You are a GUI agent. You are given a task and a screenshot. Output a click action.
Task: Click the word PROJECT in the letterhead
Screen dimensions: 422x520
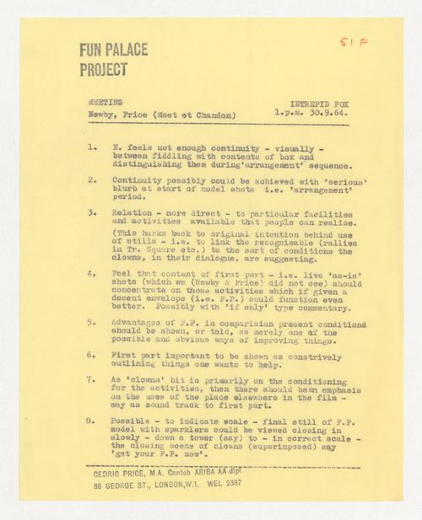(x=104, y=69)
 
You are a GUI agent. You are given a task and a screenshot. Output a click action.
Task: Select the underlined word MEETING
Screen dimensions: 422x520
(x=105, y=102)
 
